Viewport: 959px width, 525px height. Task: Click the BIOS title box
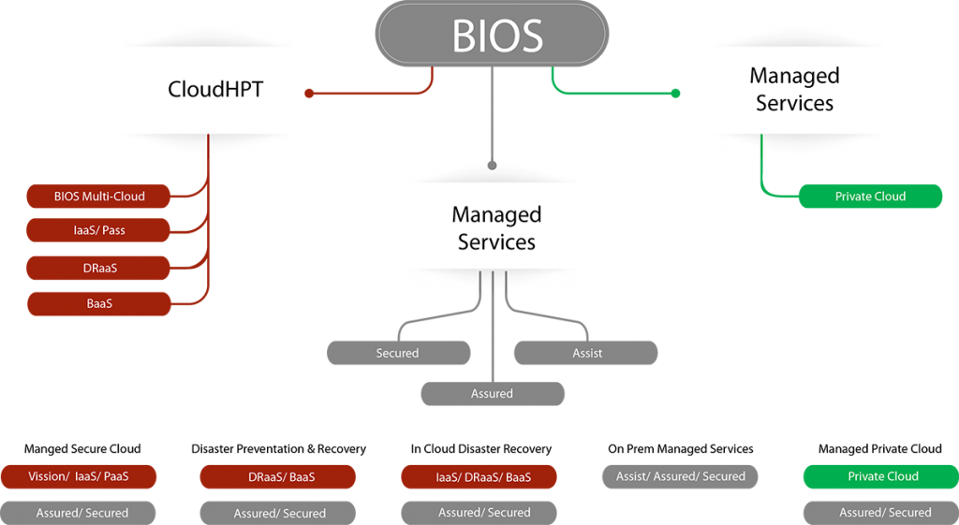coord(493,35)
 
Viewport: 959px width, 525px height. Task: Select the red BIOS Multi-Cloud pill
coord(99,197)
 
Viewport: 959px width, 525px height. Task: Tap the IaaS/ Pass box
coord(99,230)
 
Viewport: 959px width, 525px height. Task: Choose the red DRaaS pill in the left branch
coord(99,268)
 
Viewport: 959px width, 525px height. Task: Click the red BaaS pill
coord(99,303)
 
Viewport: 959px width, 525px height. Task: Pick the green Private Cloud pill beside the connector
coord(870,197)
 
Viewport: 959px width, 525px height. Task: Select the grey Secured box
coord(398,353)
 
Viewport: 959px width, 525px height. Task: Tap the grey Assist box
coord(586,353)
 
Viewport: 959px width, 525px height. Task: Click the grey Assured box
coord(493,394)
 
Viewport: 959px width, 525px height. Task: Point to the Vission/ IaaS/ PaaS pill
coord(79,476)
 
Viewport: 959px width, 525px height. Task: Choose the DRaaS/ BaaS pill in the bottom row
coord(278,476)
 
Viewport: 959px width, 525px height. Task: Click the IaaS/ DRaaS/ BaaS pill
coord(479,477)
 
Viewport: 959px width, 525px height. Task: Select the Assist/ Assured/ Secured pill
coord(680,476)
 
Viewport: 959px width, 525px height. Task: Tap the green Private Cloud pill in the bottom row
coord(882,476)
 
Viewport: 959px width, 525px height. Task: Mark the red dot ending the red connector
coord(309,94)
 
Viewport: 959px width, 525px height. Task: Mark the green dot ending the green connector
coord(676,94)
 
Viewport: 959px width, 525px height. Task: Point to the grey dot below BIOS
coord(493,165)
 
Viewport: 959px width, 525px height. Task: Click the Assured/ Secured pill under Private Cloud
coord(882,513)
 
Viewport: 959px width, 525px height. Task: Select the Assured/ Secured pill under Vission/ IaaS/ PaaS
coord(79,513)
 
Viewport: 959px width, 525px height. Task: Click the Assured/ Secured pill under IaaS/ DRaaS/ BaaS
coord(479,513)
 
